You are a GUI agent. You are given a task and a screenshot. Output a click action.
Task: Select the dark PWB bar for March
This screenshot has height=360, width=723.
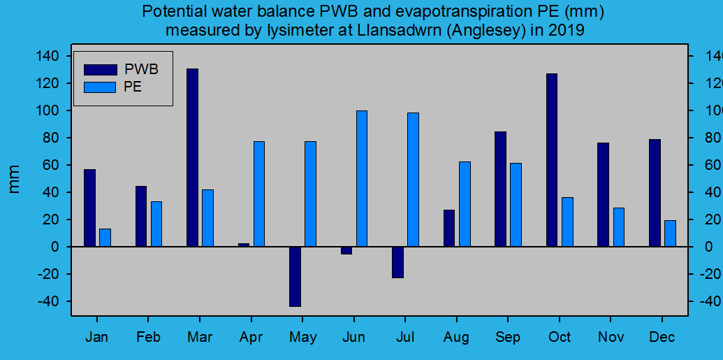pos(192,157)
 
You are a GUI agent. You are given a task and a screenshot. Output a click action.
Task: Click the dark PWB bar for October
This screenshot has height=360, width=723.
pos(552,160)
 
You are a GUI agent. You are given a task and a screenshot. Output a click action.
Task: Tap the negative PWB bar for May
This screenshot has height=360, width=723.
pos(295,276)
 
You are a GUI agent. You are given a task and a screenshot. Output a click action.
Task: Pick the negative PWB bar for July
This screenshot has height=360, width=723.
pos(397,262)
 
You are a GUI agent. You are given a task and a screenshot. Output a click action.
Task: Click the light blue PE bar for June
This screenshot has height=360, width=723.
pos(362,178)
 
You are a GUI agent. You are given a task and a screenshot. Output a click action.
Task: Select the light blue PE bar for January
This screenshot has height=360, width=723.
pos(105,238)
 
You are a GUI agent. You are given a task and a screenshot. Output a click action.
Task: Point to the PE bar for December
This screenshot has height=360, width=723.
pos(670,233)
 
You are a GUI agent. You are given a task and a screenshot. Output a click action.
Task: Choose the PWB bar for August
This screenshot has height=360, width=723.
pos(449,228)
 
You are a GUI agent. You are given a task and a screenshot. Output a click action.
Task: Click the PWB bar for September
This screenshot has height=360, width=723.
pos(500,189)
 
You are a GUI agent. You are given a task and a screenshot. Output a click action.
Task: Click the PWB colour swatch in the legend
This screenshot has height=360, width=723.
pos(100,69)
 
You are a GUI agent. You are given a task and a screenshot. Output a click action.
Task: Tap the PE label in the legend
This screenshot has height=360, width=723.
pos(133,87)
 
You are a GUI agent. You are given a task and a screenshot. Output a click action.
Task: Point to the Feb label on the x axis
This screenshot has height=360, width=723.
pos(148,338)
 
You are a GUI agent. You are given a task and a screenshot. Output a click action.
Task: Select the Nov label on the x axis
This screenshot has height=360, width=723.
pos(611,338)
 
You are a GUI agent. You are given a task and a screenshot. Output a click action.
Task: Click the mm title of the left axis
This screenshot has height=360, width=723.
pos(15,179)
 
